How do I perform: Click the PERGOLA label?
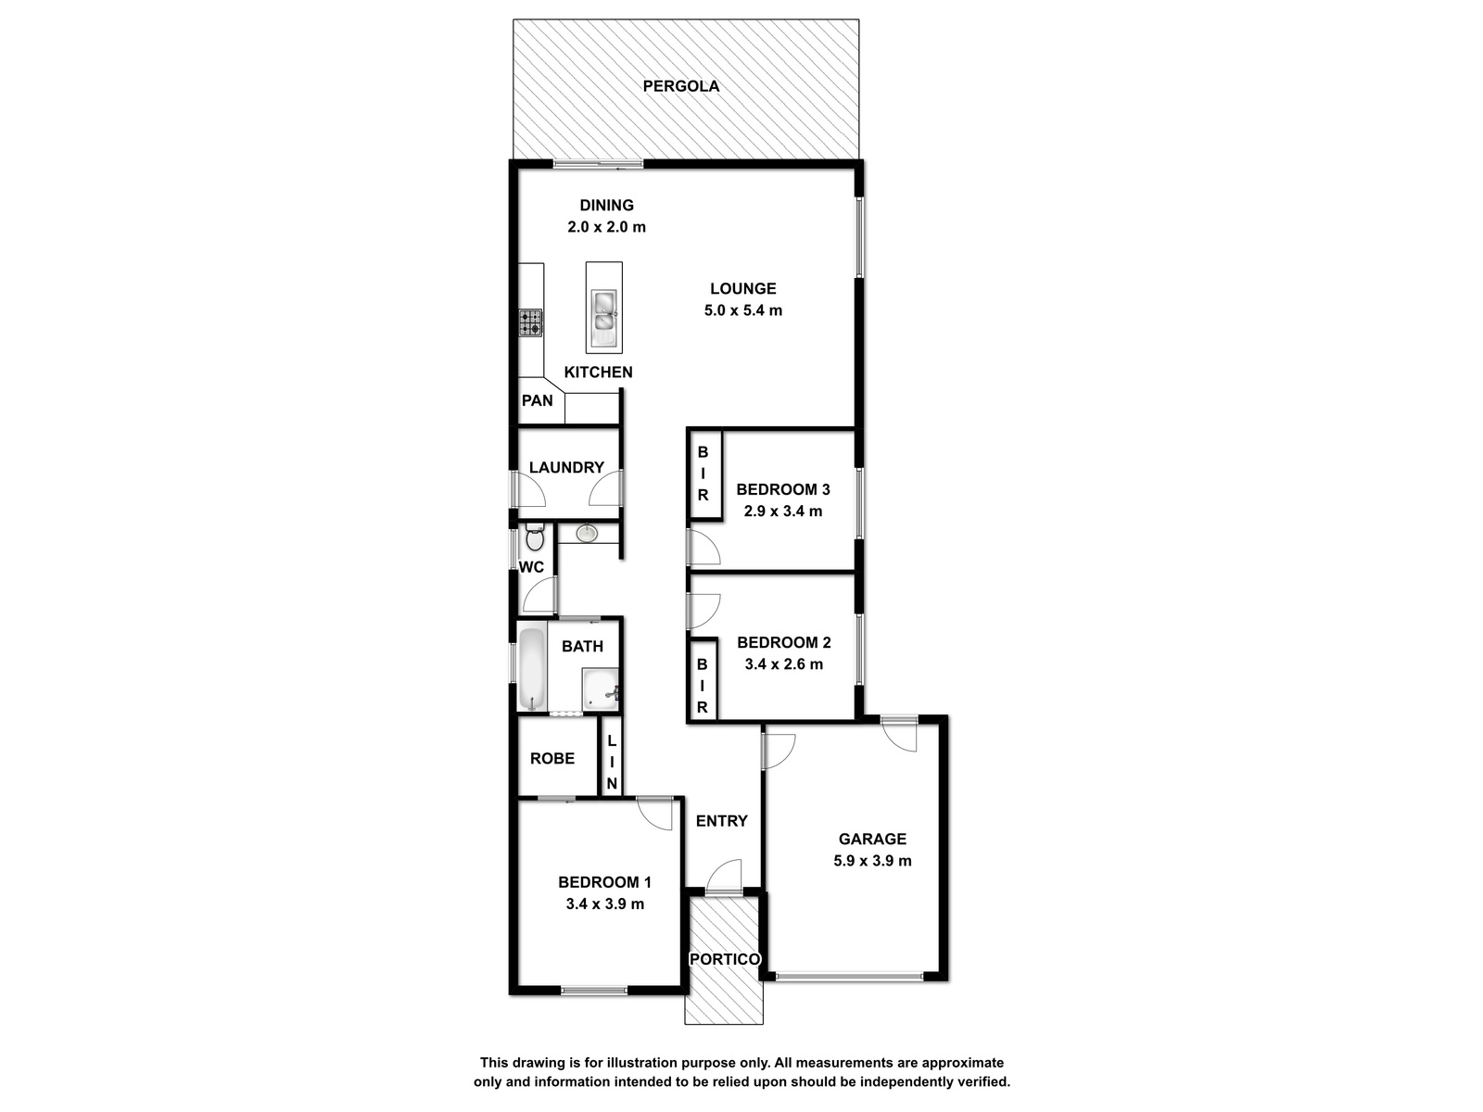coord(680,86)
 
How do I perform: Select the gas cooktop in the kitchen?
coord(530,322)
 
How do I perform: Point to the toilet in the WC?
coord(535,537)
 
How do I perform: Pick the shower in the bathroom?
coord(601,689)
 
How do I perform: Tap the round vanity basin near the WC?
coord(587,534)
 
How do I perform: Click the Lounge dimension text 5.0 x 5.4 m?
coord(743,310)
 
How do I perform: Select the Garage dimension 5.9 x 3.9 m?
coord(872,861)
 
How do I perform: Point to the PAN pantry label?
coord(537,400)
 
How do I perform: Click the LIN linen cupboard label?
coord(612,763)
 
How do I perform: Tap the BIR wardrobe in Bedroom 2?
coord(703,680)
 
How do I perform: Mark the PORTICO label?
coord(724,959)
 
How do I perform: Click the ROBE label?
coord(552,759)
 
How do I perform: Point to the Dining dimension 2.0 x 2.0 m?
coord(607,227)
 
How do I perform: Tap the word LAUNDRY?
coord(566,467)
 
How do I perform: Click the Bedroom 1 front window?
coord(594,991)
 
